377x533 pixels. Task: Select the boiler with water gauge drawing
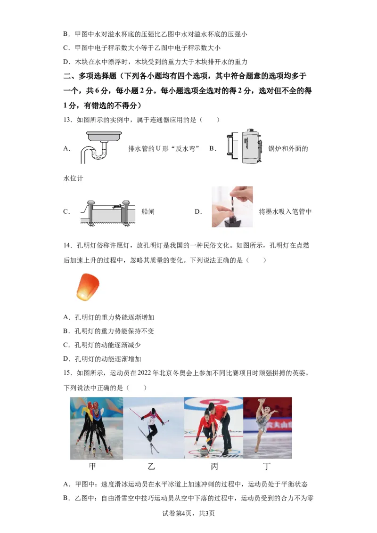[x=245, y=146]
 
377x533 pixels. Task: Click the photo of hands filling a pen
[x=232, y=207]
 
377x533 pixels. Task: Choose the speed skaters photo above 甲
[x=97, y=428]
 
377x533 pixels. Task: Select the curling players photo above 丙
[x=213, y=428]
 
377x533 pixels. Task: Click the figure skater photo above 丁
[x=267, y=428]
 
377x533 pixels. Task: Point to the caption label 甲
[x=93, y=467]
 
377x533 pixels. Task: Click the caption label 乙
[x=151, y=467]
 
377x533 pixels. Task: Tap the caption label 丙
[x=214, y=467]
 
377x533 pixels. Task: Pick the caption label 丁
[x=267, y=467]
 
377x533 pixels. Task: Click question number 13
[x=67, y=120]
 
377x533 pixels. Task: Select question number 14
[x=67, y=246]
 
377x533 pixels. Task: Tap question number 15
[x=67, y=373]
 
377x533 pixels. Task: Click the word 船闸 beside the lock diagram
[x=148, y=212]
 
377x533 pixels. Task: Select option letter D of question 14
[x=66, y=359]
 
